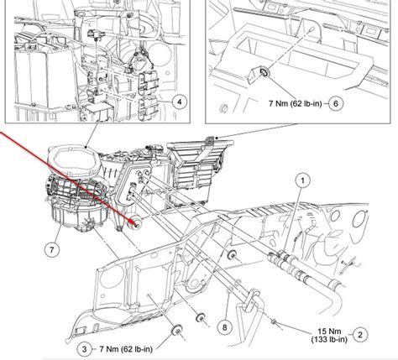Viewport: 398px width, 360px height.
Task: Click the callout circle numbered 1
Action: [x=302, y=180]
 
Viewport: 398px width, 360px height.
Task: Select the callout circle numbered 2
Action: [x=360, y=335]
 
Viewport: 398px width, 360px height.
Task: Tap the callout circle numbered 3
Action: [x=85, y=349]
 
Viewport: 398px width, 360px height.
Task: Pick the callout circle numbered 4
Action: [x=179, y=102]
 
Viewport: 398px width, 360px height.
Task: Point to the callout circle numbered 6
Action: [x=336, y=103]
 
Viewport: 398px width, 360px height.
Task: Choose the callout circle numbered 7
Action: [x=52, y=250]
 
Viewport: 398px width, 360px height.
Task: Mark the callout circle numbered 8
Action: [x=225, y=326]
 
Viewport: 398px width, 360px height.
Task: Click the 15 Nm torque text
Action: [x=330, y=331]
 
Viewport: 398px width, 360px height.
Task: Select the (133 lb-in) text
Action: [x=329, y=339]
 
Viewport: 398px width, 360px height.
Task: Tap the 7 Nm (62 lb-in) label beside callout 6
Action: [x=295, y=103]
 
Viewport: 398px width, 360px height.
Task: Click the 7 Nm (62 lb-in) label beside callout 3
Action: [x=126, y=349]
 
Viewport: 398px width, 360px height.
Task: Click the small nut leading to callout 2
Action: [x=274, y=322]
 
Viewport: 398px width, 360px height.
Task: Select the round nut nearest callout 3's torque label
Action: [x=176, y=330]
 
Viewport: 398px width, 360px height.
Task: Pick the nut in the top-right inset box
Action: [x=264, y=73]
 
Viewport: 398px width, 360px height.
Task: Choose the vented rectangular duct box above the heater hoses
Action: [x=201, y=170]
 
